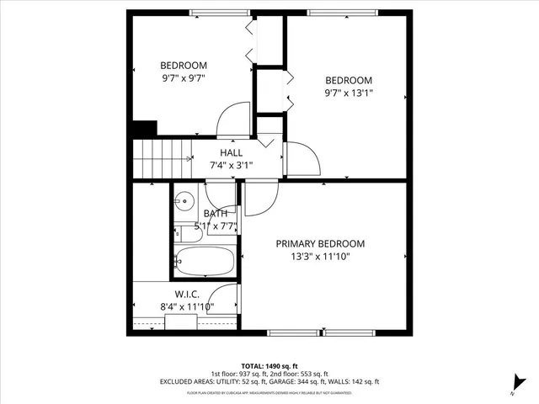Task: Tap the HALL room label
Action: point(232,153)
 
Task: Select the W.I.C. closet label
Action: point(186,294)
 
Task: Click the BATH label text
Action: point(215,214)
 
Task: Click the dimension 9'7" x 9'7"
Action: point(184,78)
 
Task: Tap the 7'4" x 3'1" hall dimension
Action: point(232,165)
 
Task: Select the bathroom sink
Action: point(184,202)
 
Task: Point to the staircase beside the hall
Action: point(160,157)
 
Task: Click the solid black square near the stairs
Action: point(145,129)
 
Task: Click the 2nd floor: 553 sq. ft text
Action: point(299,374)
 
